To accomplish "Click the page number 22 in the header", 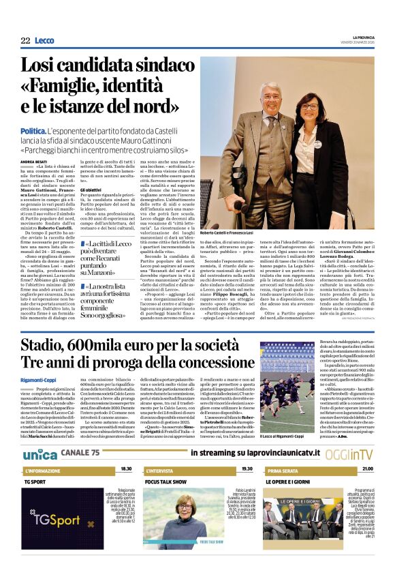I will click(25, 41).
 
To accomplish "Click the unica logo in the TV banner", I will click(39, 454).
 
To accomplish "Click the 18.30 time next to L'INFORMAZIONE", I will click(126, 470).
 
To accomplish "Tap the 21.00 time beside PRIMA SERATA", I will click(367, 470).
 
